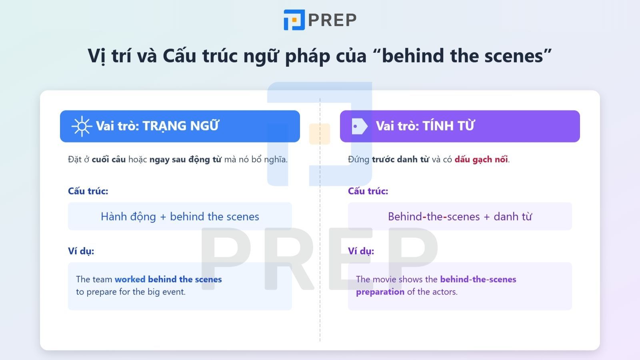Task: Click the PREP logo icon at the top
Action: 294,20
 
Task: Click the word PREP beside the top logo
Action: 332,20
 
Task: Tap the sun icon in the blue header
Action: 82,126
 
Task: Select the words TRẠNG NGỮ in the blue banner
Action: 180,126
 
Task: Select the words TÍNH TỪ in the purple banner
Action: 448,126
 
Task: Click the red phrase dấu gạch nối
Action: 481,159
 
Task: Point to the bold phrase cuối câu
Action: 108,159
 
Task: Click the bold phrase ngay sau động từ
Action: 185,159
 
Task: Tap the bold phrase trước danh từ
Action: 400,159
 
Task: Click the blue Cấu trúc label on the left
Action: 88,191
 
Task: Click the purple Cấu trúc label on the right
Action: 368,191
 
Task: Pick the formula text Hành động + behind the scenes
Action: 180,216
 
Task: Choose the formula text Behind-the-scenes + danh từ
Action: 460,216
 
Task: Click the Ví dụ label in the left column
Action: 81,251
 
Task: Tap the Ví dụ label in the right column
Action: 361,251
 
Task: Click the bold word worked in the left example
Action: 130,279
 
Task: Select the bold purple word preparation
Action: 380,292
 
